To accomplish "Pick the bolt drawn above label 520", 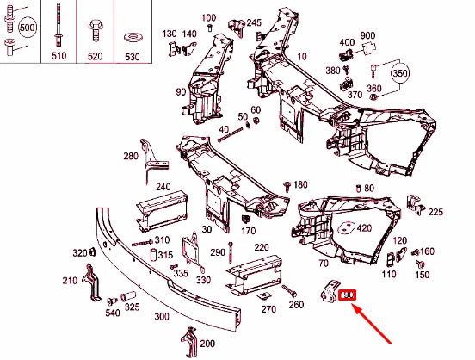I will coord(93,32).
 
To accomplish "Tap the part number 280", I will coord(131,156).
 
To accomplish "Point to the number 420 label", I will coord(364,228).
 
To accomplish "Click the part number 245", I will coord(254,22).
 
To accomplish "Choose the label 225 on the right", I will coord(435,211).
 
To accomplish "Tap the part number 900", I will coord(368,35).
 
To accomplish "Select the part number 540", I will coord(113,313).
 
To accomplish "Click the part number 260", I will coord(296,304).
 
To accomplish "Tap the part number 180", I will coord(300,185).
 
